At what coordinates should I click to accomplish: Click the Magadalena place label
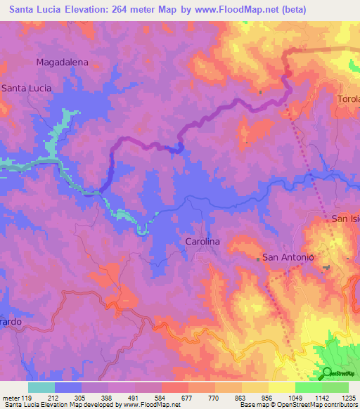point(63,62)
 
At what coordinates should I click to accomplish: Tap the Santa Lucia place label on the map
point(26,88)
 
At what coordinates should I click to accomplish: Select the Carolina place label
point(202,241)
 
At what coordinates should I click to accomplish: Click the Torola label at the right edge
point(349,98)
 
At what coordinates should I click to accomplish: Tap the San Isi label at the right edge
point(346,219)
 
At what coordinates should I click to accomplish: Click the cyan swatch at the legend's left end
point(41,387)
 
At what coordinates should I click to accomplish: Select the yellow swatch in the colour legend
point(281,387)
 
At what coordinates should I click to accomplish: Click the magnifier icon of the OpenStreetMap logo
point(328,373)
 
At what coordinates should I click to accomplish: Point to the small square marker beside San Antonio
point(258,259)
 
